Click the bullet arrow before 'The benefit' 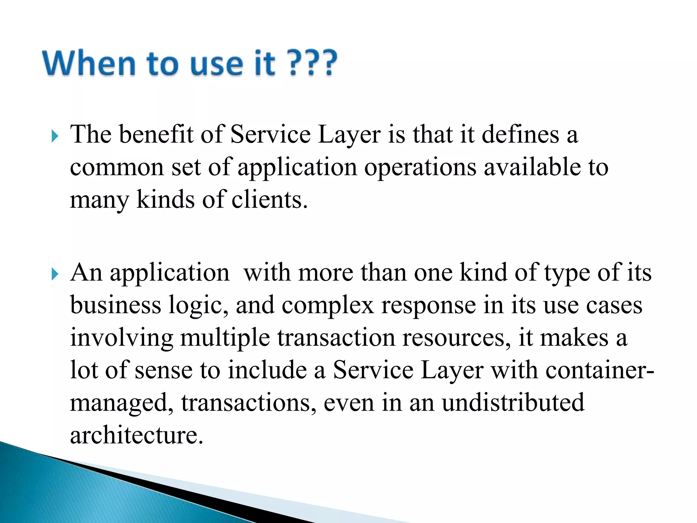pyautogui.click(x=55, y=137)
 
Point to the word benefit pyautogui.click(x=156, y=134)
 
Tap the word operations pyautogui.click(x=420, y=168)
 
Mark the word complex pyautogui.click(x=328, y=306)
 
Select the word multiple pyautogui.click(x=225, y=338)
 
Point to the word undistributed pyautogui.click(x=513, y=402)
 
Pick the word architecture pyautogui.click(x=136, y=435)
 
